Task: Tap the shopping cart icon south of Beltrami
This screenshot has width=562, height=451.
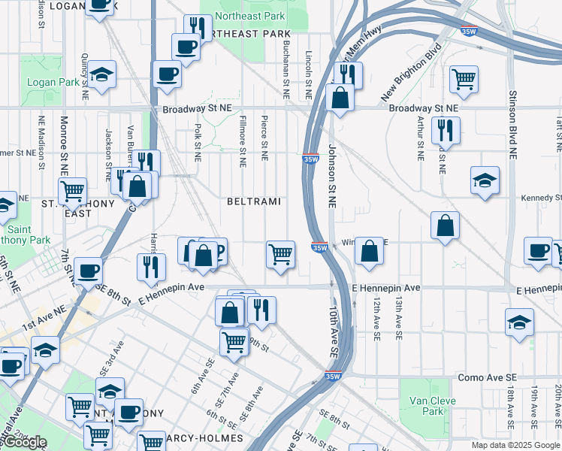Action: (x=280, y=253)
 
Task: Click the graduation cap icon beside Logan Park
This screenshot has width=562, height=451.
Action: (x=99, y=74)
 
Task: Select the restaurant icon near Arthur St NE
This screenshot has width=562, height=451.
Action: (x=446, y=129)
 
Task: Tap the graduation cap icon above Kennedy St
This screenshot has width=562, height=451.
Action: (x=485, y=180)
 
